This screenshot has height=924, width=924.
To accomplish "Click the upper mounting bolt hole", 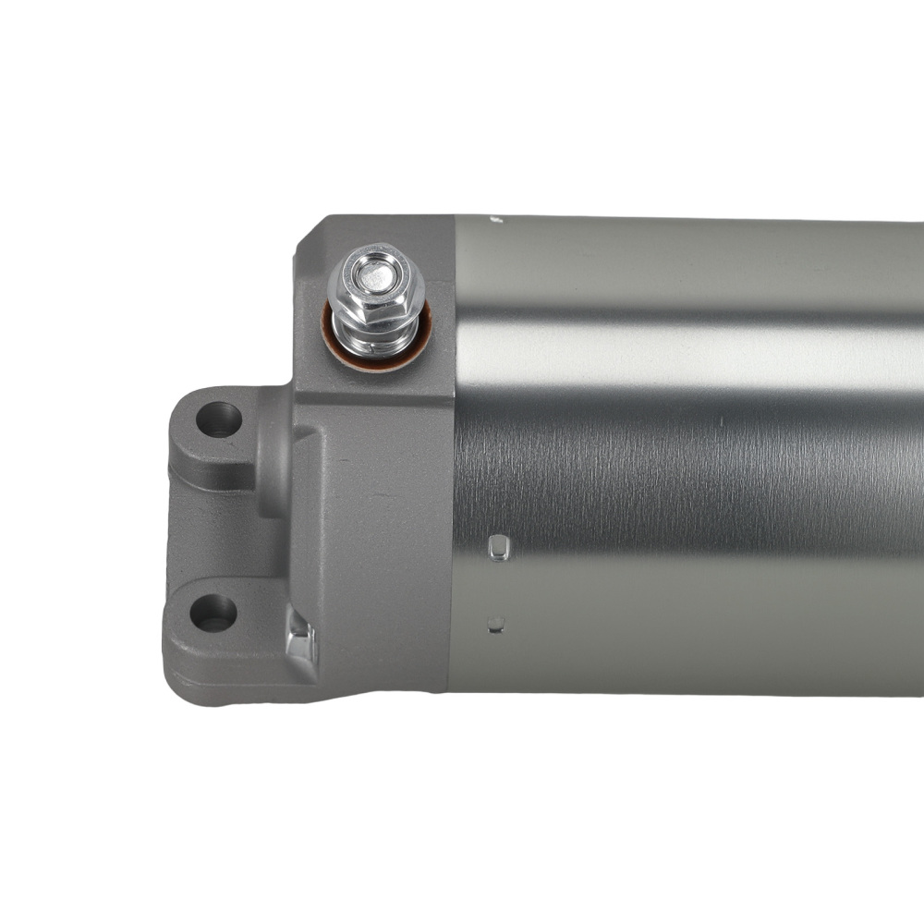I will coord(219,419).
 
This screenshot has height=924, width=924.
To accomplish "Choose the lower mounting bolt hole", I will coord(213,612).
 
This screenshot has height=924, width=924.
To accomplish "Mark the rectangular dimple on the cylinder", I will coord(499,547).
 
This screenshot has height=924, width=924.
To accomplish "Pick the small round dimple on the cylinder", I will coord(496,626).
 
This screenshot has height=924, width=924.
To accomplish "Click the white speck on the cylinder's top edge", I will coord(493,220).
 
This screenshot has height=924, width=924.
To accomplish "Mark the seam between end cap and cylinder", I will coord(453,462).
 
